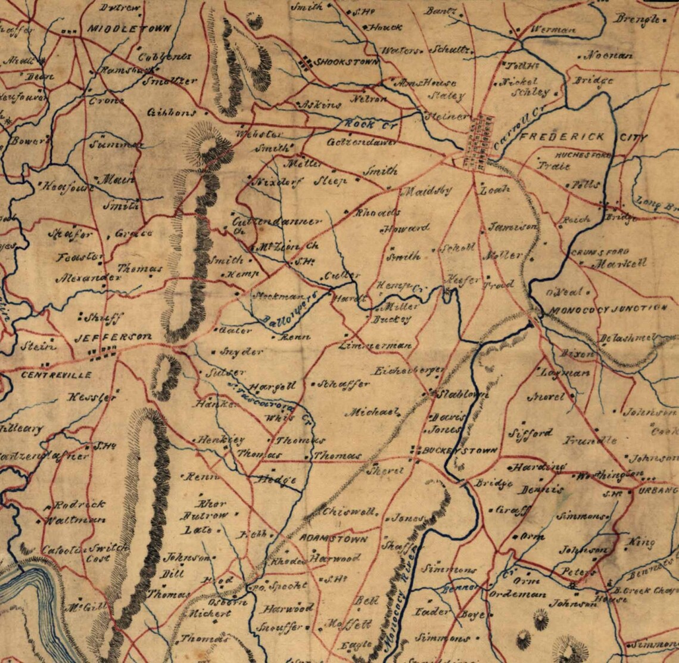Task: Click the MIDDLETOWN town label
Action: tap(129, 28)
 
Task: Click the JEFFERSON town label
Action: tap(113, 337)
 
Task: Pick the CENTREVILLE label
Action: tap(57, 375)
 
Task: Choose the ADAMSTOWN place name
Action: tap(333, 538)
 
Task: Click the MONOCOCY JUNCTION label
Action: tap(608, 309)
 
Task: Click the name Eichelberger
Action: tap(408, 371)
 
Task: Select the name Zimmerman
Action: tap(375, 346)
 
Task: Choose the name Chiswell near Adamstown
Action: tap(349, 512)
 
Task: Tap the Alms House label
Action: tap(427, 83)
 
